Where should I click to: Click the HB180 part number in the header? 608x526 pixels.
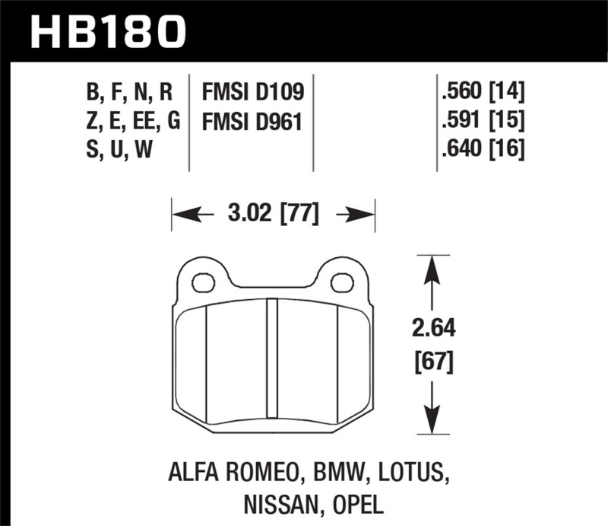(107, 31)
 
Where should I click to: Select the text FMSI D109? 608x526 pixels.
(253, 93)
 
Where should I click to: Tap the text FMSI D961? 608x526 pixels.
(253, 121)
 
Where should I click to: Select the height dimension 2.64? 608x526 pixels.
(432, 330)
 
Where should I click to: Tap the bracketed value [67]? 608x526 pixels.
(432, 362)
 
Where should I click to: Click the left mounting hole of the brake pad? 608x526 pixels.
(203, 283)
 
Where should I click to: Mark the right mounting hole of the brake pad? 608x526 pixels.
(342, 283)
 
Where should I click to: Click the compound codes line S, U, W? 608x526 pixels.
(121, 149)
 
